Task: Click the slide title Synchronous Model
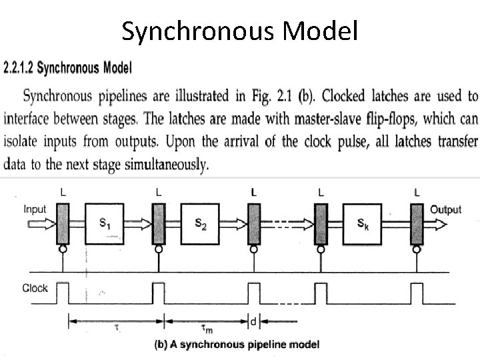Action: (x=240, y=31)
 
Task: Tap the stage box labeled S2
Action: (x=201, y=225)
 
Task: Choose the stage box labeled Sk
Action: (x=364, y=225)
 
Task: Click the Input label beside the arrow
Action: (x=35, y=209)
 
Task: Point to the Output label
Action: (x=445, y=209)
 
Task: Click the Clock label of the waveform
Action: (x=35, y=288)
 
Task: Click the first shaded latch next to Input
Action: (x=63, y=224)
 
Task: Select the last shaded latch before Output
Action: (x=417, y=224)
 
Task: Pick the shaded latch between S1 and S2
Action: (x=158, y=224)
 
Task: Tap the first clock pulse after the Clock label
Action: (x=63, y=293)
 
